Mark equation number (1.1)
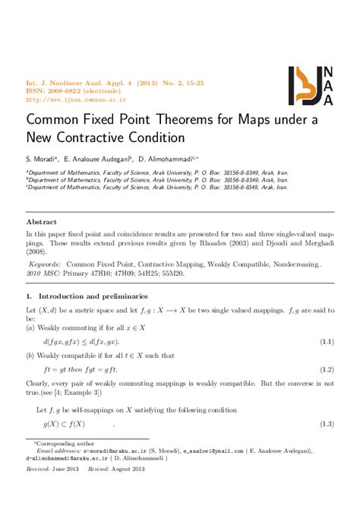click(x=324, y=343)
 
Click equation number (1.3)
click(x=324, y=423)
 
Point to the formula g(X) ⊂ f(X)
click(x=64, y=423)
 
